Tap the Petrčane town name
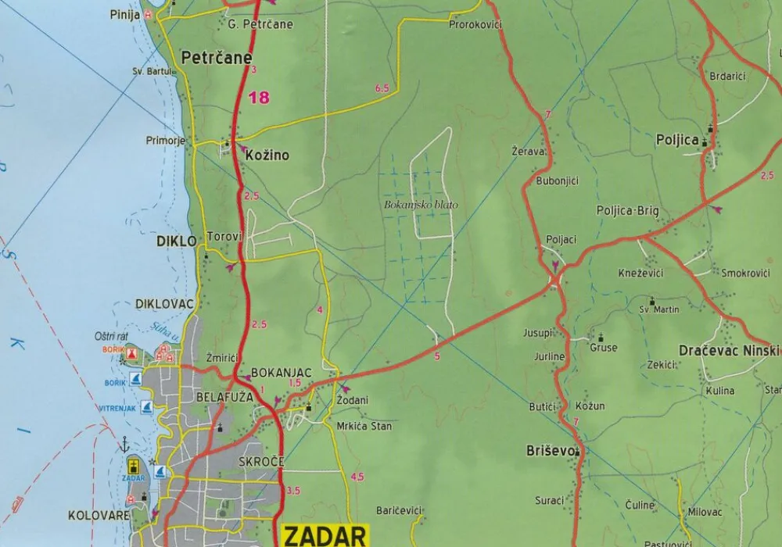[217, 58]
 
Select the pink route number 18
[258, 98]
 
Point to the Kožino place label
[267, 156]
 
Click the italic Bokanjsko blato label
[421, 206]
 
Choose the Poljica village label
[676, 140]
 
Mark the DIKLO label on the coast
[177, 241]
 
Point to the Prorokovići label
[475, 25]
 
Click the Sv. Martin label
[659, 309]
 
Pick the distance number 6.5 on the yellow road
[382, 89]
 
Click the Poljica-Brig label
[627, 211]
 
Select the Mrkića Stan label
[364, 427]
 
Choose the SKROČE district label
[261, 462]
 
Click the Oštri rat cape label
[113, 336]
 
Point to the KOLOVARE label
[99, 516]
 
